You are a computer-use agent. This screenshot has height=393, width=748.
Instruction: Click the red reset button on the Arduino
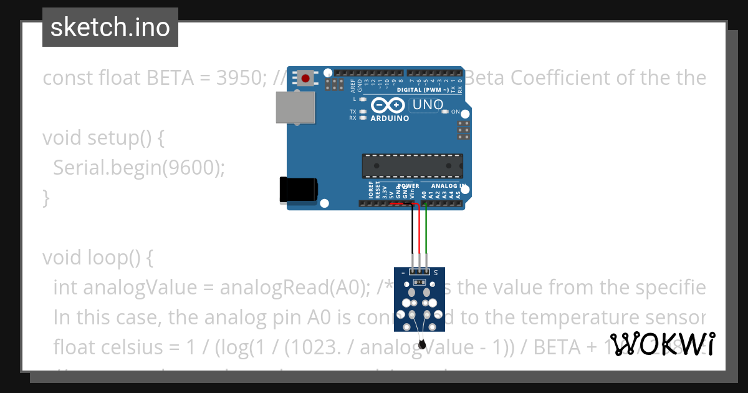306,79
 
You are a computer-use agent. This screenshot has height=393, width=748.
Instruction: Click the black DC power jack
299,189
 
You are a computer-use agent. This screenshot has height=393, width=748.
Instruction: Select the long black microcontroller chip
412,165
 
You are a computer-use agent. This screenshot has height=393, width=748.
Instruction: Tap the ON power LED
444,112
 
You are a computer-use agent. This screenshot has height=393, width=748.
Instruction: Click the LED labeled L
362,99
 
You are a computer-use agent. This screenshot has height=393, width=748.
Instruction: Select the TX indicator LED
362,111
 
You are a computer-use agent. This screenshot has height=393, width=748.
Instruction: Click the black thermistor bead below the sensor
422,343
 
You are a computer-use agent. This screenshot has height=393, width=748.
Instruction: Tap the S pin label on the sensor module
435,273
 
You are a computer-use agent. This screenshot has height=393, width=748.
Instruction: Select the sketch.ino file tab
110,27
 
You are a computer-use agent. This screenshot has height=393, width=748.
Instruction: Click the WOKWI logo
662,344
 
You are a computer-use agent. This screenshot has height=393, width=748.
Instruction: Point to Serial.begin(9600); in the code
138,167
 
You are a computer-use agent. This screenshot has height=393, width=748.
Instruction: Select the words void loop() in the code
93,257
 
